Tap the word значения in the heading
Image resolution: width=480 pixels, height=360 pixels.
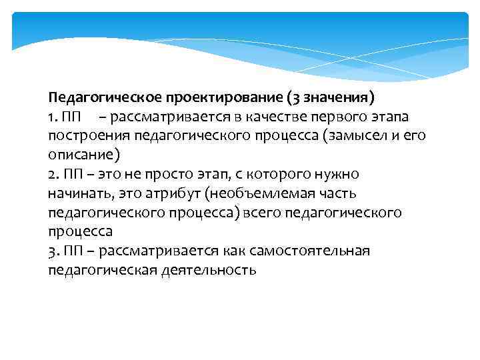point(335,98)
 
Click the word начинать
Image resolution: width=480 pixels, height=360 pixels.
point(79,194)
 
